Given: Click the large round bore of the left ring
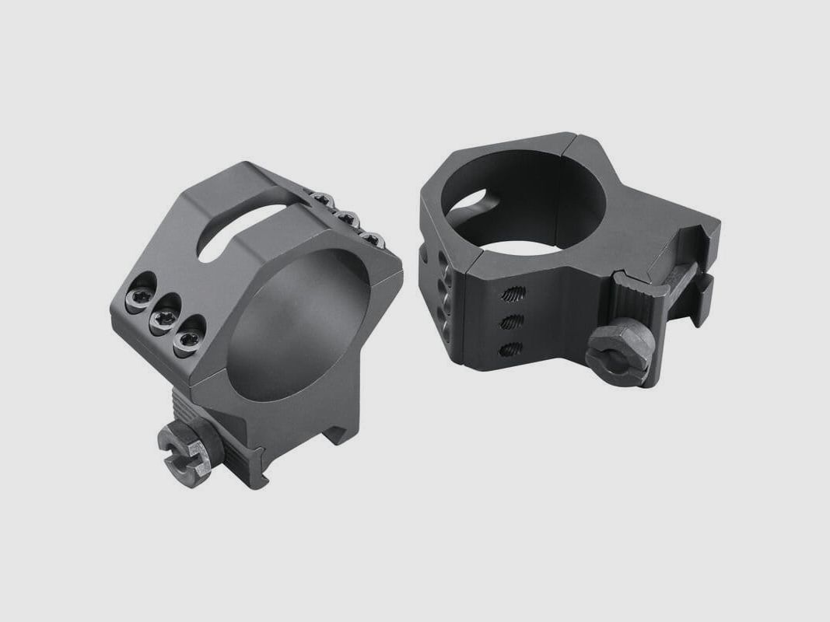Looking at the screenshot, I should [307, 327].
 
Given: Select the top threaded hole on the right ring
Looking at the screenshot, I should [514, 295].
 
